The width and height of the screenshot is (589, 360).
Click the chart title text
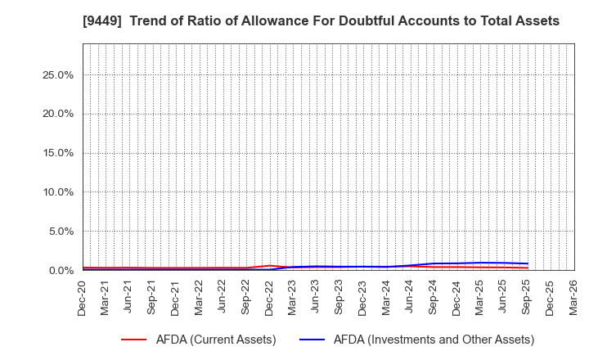[x=294, y=21]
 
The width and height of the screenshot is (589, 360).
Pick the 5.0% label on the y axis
[x=60, y=232]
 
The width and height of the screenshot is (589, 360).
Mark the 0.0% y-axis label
[x=60, y=271]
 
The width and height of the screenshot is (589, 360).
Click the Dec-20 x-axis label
[x=83, y=297]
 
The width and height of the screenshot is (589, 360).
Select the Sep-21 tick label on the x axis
[x=153, y=297]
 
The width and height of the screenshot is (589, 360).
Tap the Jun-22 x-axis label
[x=223, y=297]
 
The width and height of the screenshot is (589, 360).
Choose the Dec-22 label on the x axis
[x=269, y=297]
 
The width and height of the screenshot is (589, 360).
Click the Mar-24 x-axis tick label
[x=386, y=297]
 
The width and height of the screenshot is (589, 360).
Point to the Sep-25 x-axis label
[x=527, y=297]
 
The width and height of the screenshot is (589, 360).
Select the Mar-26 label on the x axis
[x=573, y=297]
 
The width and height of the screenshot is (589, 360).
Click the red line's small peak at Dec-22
[x=269, y=265]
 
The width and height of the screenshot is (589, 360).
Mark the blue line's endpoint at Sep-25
[x=527, y=263]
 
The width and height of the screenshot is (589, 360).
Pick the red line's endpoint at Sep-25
[x=527, y=268]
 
